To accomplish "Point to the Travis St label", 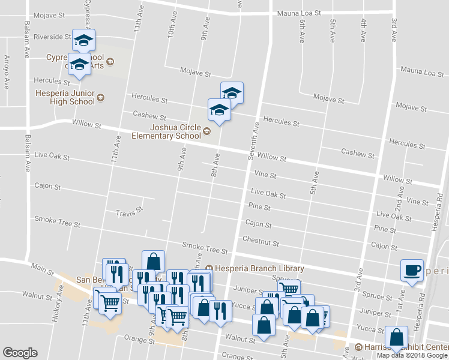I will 128,212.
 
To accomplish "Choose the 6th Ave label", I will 301,31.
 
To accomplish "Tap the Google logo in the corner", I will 20,353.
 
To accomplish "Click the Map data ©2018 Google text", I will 412,355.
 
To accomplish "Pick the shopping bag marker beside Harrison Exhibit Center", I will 396,337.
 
